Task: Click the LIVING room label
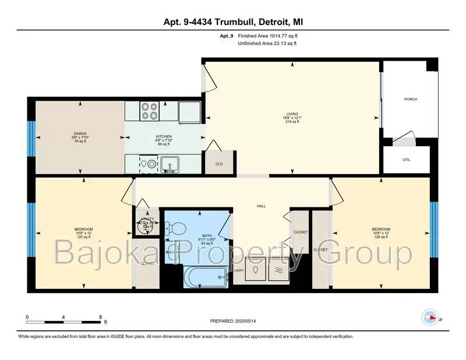pos(292,114)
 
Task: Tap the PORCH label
pos(411,99)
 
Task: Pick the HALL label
pos(262,205)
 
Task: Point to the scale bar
pos(64,321)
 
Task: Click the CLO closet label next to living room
pos(219,164)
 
